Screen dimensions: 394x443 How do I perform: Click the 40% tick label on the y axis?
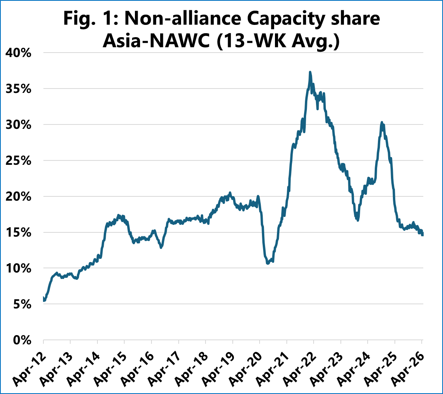18,53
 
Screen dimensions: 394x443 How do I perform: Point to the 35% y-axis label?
18,89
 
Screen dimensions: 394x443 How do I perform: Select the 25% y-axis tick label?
18,161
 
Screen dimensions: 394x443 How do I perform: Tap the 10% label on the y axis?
18,269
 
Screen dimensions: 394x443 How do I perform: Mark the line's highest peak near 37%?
310,72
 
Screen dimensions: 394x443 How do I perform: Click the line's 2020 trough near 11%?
268,263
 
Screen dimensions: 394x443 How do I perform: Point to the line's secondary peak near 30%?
381,123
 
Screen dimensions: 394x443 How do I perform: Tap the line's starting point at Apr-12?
43,300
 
